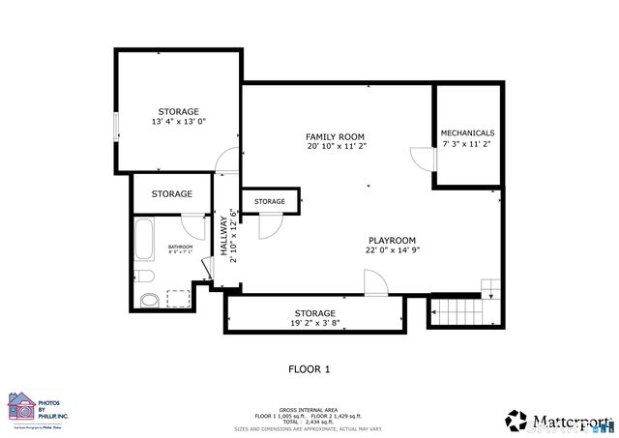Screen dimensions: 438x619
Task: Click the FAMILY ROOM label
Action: (336, 136)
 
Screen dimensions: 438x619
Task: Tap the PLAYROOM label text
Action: (392, 240)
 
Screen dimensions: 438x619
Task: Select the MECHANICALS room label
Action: (467, 132)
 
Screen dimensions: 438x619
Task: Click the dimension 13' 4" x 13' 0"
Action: (179, 123)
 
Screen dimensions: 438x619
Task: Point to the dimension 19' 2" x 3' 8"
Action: (315, 324)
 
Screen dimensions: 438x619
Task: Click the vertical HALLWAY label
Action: (222, 238)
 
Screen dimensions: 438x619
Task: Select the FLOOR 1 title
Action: (309, 369)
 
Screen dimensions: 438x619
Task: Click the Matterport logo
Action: (559, 420)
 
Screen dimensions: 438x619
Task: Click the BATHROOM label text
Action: (181, 248)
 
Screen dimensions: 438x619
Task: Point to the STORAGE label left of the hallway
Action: (171, 194)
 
